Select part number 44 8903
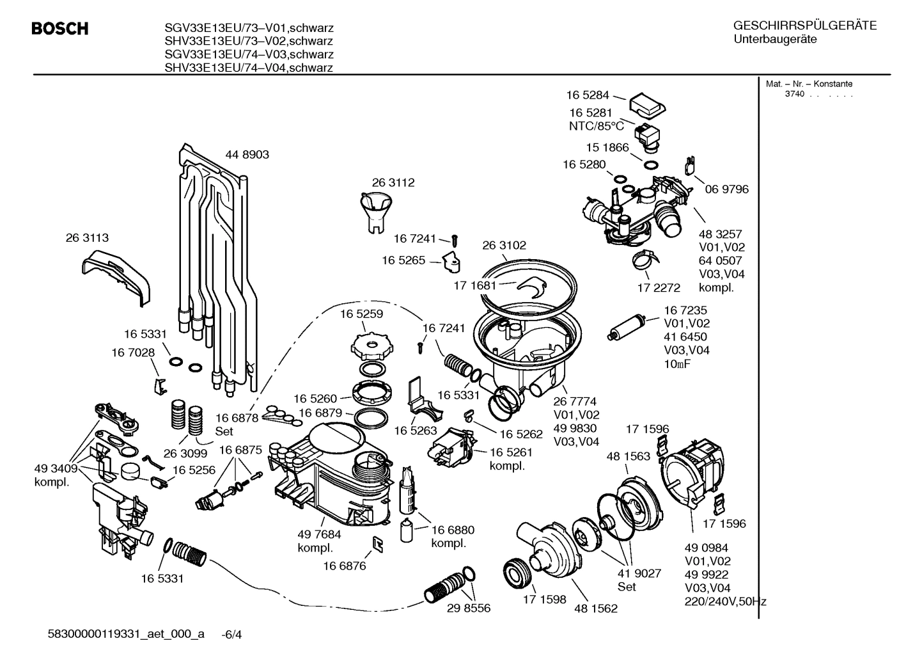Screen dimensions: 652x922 pos(247,154)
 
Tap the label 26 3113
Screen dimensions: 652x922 pos(87,237)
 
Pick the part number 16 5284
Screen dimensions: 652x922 pos(587,95)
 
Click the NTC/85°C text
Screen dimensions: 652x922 pos(596,126)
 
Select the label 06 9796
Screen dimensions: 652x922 pos(726,189)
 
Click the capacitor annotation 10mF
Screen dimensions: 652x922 pos(678,364)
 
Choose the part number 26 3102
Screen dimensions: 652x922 pos(504,245)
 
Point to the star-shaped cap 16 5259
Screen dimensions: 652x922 pos(370,346)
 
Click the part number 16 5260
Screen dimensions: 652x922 pos(315,399)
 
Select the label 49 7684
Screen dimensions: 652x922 pos(319,534)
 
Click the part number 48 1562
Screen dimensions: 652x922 pos(596,608)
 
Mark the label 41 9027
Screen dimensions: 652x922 pos(639,573)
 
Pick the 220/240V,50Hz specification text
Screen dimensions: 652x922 pos(725,601)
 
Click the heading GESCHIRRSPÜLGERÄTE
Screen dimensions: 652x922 pos(804,26)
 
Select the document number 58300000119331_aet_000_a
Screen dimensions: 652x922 pos(126,634)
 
